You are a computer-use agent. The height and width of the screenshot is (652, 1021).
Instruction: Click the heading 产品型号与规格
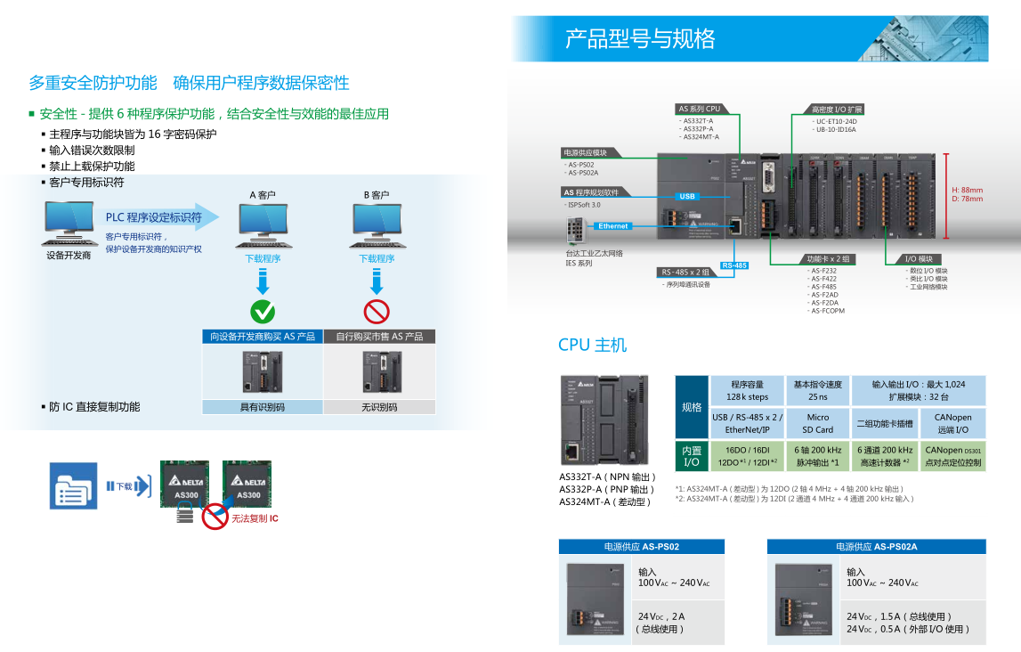coord(640,39)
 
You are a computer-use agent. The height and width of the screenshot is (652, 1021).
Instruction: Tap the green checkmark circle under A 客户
coord(263,312)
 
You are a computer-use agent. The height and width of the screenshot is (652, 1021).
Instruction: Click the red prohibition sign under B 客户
coord(377,312)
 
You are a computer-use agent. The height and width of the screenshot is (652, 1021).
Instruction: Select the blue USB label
coord(687,196)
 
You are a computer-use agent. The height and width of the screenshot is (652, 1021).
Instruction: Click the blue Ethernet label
coord(612,226)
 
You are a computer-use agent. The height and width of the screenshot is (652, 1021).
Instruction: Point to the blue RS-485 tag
coord(734,265)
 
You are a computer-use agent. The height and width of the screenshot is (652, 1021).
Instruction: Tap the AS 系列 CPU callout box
coord(700,109)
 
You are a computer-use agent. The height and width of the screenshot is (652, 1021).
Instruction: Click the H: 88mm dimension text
coord(967,190)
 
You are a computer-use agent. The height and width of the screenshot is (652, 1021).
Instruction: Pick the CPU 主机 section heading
coord(592,346)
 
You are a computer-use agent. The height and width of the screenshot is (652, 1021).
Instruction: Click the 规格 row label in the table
coord(692,406)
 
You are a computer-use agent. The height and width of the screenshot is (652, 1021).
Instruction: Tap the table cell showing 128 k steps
coord(747,390)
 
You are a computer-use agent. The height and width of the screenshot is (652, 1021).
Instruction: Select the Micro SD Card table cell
coord(817,423)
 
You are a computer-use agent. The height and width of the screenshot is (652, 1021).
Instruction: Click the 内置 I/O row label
coord(692,456)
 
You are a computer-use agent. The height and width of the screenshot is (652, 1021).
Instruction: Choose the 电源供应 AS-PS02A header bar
coord(876,546)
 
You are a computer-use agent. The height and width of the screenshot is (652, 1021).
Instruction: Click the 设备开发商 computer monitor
coord(69,221)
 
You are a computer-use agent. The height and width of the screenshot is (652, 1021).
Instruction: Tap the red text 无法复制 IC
coord(255,518)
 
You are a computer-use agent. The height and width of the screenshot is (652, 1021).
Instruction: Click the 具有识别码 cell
coord(263,407)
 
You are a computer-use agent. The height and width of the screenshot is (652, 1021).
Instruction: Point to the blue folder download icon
coord(73,485)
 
